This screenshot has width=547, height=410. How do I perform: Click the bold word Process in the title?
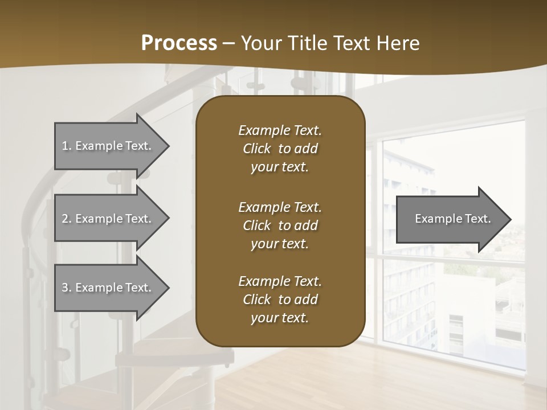tap(179, 43)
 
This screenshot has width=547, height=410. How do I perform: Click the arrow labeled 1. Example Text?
tap(108, 146)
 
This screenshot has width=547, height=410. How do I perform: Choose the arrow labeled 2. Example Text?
tap(108, 219)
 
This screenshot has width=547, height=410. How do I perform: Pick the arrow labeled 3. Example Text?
tap(108, 288)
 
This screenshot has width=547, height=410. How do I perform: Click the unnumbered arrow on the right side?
tap(450, 219)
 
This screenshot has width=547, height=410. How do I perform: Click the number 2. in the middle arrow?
tap(67, 219)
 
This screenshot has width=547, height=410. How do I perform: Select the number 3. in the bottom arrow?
tap(67, 288)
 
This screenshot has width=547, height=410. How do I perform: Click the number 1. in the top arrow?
tap(67, 146)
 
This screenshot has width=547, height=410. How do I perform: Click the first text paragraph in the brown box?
tap(280, 149)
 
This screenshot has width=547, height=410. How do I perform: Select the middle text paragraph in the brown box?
tap(280, 225)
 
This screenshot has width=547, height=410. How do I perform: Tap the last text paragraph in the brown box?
tap(280, 300)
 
